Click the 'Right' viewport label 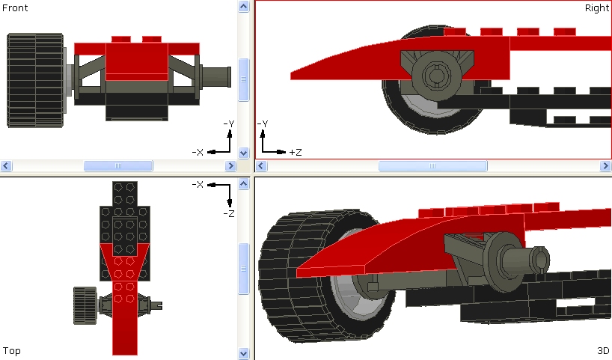(596, 7)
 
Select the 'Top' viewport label (11, 350)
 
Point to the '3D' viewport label (603, 350)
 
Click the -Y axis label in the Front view (229, 123)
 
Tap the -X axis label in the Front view (198, 152)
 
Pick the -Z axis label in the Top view (229, 213)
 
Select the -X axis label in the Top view (198, 184)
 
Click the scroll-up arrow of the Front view (243, 7)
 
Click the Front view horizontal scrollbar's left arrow (6, 165)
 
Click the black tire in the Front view (34, 80)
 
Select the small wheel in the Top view (84, 305)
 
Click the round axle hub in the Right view (435, 74)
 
